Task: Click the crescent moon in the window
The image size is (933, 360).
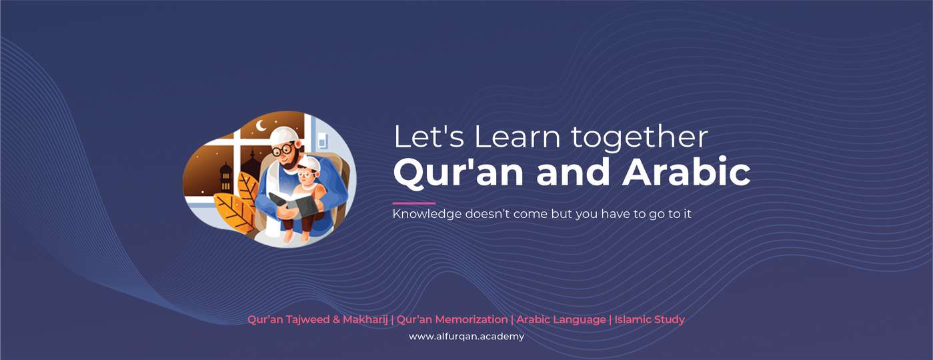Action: pyautogui.click(x=261, y=126)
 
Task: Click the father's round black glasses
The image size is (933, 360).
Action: pyautogui.click(x=282, y=149)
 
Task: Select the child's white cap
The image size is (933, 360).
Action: pyautogui.click(x=309, y=163)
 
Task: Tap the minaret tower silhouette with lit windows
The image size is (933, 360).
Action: pyautogui.click(x=225, y=178)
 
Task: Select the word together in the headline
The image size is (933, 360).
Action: pyautogui.click(x=640, y=138)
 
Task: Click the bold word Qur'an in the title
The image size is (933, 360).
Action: pyautogui.click(x=458, y=172)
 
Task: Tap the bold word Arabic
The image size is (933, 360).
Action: pyautogui.click(x=686, y=171)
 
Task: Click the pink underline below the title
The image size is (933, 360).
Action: pyautogui.click(x=414, y=203)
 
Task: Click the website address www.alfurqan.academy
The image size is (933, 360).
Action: pyautogui.click(x=467, y=336)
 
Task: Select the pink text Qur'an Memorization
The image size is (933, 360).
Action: pyautogui.click(x=452, y=319)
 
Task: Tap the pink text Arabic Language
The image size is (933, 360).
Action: pyautogui.click(x=561, y=319)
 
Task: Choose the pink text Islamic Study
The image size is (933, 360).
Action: pyautogui.click(x=650, y=319)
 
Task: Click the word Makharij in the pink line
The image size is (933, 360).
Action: pyautogui.click(x=365, y=319)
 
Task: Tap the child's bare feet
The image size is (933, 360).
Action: pyautogui.click(x=296, y=236)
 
